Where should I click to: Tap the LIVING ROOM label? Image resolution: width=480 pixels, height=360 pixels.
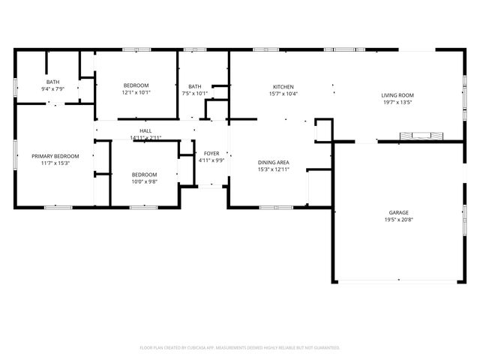(x=397, y=95)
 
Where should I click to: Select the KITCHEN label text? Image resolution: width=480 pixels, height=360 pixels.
(x=283, y=87)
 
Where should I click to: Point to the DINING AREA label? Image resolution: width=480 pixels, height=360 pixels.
(x=274, y=162)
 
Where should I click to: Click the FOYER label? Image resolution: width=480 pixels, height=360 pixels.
(x=211, y=153)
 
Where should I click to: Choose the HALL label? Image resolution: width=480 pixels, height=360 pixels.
(x=145, y=130)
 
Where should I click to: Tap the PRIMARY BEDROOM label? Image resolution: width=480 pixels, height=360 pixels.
(x=51, y=156)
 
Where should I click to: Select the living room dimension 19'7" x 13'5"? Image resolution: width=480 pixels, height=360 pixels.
(x=397, y=103)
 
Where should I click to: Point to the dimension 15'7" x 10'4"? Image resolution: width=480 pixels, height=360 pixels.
(x=283, y=94)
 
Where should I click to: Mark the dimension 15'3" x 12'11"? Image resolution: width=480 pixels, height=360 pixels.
(x=274, y=169)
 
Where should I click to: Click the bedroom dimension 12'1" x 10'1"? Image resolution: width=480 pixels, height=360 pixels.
(x=136, y=93)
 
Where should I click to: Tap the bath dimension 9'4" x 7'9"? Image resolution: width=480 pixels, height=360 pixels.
(x=52, y=89)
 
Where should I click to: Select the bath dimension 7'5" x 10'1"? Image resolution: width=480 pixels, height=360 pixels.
(x=195, y=94)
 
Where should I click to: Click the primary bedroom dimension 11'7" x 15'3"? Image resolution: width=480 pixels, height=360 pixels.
(x=51, y=163)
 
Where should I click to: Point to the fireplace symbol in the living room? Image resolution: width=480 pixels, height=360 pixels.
(x=421, y=136)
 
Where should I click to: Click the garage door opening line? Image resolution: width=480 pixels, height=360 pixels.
(x=397, y=282)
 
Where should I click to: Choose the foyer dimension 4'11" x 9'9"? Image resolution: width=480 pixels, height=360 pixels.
(x=211, y=160)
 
